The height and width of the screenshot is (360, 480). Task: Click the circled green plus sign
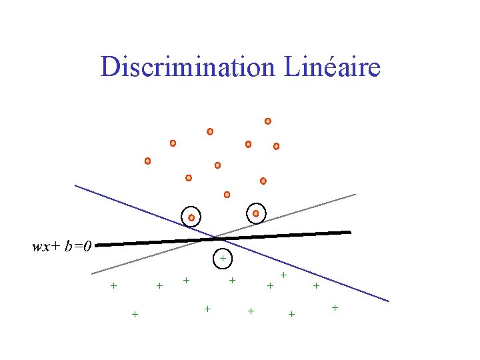point(223,257)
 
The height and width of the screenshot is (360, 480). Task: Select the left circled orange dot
point(191,217)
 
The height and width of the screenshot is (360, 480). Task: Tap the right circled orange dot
point(255,213)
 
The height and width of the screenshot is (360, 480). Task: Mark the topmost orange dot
point(267,121)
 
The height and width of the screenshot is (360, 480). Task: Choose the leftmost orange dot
point(147,161)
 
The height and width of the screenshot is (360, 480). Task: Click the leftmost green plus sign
point(113,286)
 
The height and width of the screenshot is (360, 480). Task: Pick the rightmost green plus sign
point(335,307)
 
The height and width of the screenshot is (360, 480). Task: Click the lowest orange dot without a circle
point(227,195)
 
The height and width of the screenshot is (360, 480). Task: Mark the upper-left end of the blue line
point(75,185)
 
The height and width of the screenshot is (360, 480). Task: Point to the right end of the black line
point(350,232)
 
